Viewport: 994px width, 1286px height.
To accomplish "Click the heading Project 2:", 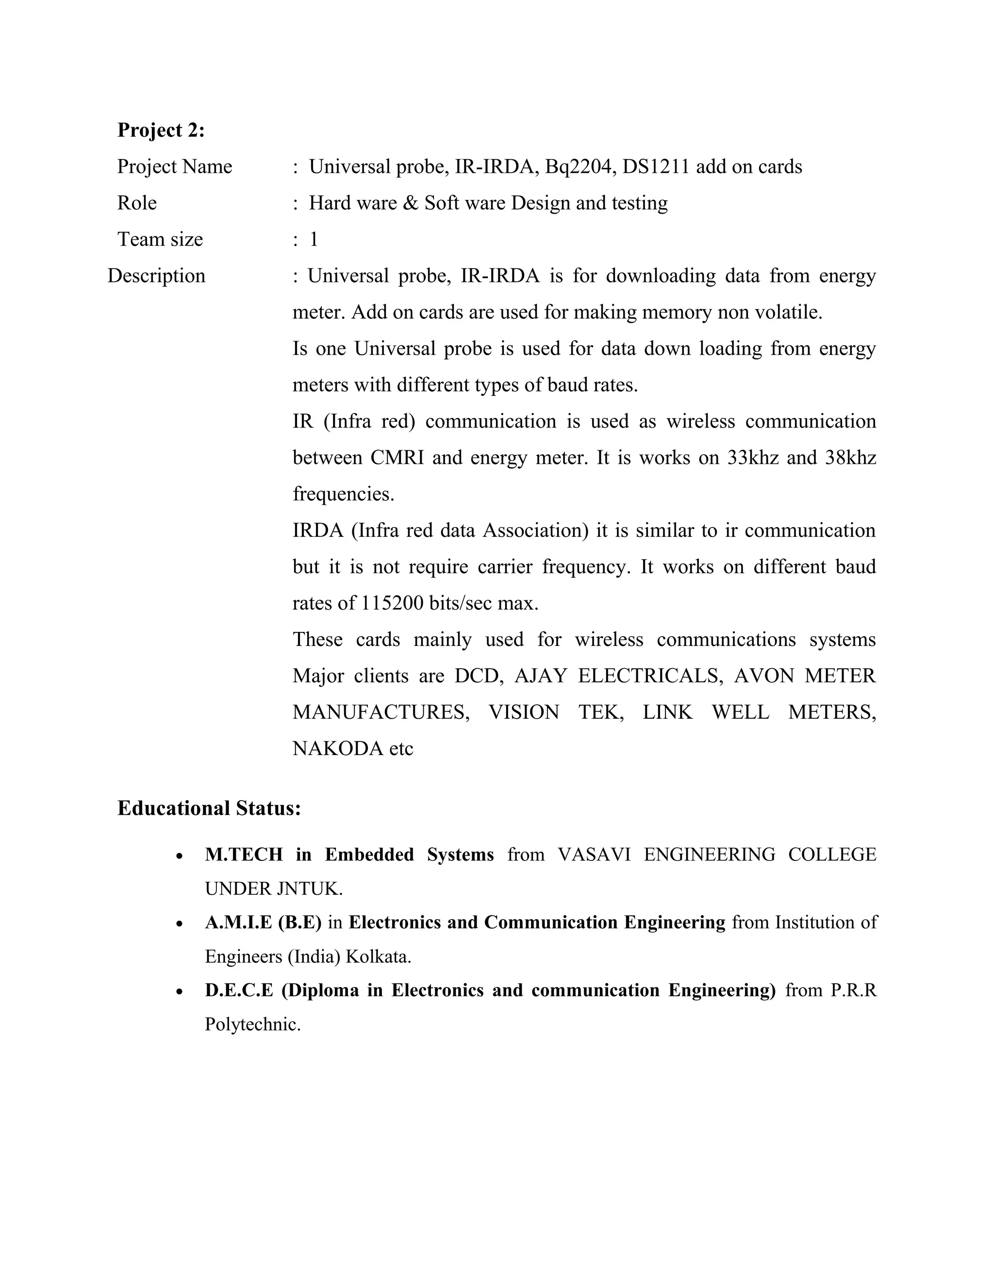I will (161, 130).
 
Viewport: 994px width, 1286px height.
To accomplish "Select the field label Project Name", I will (174, 166).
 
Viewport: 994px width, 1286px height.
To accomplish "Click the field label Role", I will (136, 203).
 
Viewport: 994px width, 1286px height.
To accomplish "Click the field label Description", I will (156, 276).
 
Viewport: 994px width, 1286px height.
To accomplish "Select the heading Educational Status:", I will (209, 808).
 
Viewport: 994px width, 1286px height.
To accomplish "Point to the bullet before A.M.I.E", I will (180, 924).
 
